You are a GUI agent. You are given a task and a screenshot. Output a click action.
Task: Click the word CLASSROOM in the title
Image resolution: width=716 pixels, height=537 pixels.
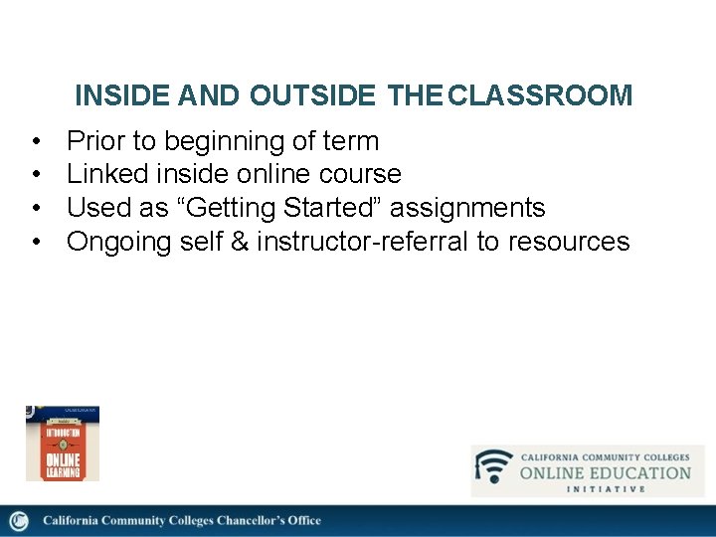point(540,95)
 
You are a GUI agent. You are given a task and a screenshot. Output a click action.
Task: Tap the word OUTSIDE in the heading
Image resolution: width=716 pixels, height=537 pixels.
point(313,95)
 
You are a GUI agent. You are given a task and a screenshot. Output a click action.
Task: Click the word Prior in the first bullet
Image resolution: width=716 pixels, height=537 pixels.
point(96,141)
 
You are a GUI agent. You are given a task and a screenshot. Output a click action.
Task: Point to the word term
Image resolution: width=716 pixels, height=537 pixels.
point(349,141)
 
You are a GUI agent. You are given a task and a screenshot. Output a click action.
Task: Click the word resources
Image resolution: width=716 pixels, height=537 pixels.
point(568,242)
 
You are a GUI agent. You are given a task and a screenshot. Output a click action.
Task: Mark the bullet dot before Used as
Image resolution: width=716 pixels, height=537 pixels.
point(36,208)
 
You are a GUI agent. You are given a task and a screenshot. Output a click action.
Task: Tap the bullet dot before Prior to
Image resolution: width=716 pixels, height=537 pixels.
point(36,141)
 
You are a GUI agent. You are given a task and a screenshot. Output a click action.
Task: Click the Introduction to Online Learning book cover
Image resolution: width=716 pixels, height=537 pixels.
point(63,444)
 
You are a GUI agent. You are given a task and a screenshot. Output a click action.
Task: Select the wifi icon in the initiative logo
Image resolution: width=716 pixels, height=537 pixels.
point(494,467)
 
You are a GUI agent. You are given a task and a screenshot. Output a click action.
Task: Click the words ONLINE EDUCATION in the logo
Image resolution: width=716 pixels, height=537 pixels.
point(605,472)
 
